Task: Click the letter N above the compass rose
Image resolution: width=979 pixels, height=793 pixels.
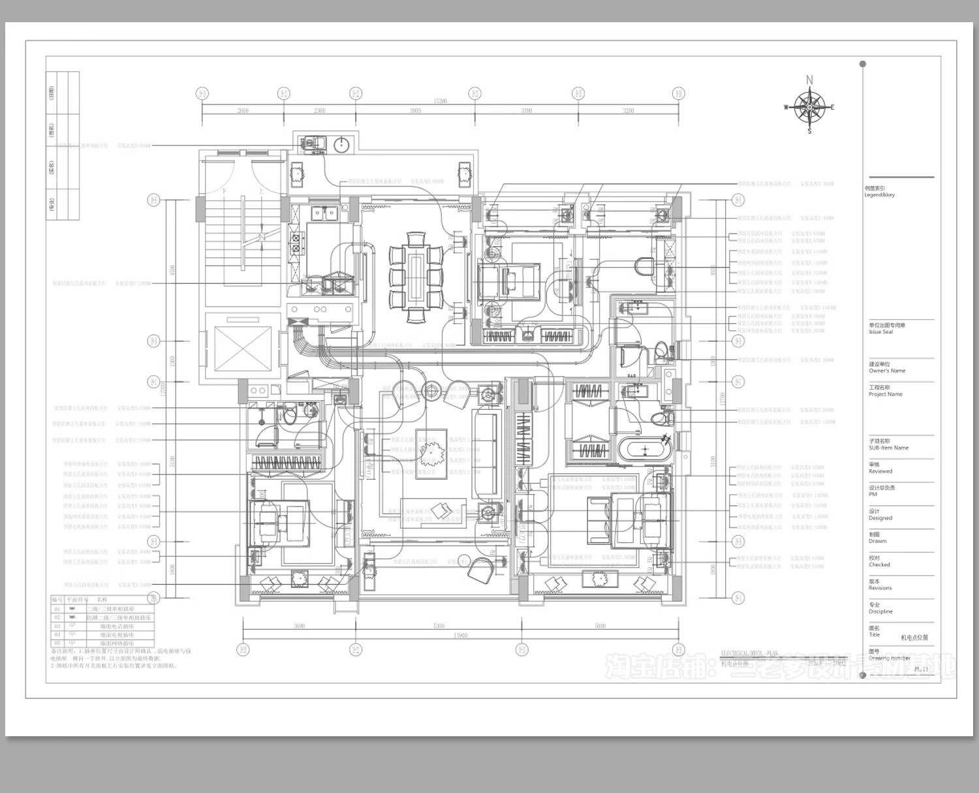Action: click(x=809, y=80)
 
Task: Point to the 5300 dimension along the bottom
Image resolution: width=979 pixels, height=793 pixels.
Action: click(x=439, y=627)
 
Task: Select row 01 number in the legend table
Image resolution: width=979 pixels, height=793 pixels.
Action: click(x=57, y=608)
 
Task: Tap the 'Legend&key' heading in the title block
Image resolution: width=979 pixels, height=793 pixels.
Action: click(x=880, y=195)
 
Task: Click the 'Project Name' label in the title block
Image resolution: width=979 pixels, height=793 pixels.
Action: click(x=885, y=394)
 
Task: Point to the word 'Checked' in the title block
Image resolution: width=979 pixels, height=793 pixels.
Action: click(x=879, y=565)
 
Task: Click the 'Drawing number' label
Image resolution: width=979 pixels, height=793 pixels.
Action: click(x=889, y=658)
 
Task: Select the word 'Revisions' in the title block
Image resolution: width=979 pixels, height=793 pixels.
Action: click(x=880, y=588)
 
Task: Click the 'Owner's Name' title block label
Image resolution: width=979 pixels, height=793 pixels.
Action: click(x=886, y=371)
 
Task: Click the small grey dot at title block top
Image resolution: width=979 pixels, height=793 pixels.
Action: click(x=863, y=64)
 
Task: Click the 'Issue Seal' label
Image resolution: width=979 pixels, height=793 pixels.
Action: click(x=880, y=332)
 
